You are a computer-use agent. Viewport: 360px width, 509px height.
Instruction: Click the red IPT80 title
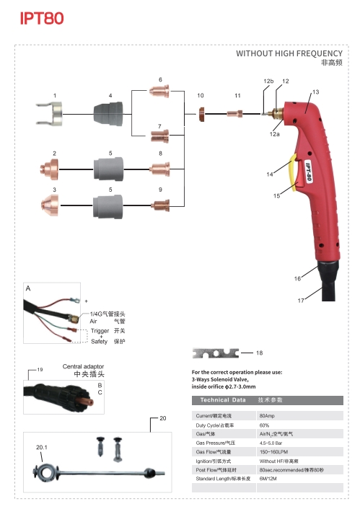click(x=42, y=19)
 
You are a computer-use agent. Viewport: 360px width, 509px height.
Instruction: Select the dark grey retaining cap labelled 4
click(x=108, y=114)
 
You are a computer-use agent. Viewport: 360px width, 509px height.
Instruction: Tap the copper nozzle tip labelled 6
click(x=159, y=91)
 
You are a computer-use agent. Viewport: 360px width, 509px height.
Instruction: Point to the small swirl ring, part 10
click(x=201, y=114)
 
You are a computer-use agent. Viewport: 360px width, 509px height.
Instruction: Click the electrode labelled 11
click(x=234, y=114)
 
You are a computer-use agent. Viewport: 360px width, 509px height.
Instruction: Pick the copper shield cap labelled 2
click(x=49, y=169)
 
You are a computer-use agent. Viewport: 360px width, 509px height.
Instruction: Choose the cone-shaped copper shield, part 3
click(x=50, y=205)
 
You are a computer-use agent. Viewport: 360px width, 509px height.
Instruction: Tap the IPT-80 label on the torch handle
click(x=308, y=172)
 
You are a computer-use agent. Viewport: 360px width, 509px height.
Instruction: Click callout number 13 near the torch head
click(x=315, y=92)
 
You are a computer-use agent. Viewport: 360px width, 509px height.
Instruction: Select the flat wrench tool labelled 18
click(x=216, y=353)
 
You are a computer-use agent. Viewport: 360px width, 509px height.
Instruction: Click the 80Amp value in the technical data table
click(x=267, y=415)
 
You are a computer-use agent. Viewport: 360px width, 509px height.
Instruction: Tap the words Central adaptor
click(x=83, y=366)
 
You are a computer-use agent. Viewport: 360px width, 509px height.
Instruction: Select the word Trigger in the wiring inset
click(x=100, y=331)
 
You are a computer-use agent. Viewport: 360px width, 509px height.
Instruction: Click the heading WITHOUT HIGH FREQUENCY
click(x=289, y=53)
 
